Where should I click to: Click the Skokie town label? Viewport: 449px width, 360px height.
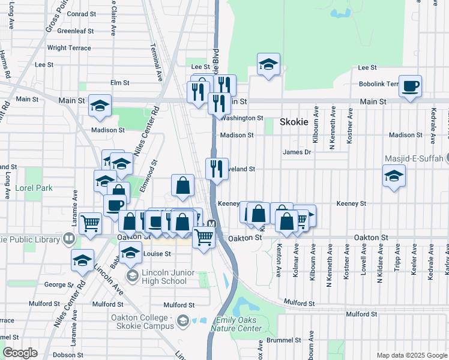pyautogui.click(x=294, y=122)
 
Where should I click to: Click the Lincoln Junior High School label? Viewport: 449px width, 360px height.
pyautogui.click(x=164, y=277)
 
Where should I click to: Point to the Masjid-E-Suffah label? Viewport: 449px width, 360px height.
pyautogui.click(x=414, y=159)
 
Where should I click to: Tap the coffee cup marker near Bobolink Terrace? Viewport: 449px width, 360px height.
pyautogui.click(x=411, y=86)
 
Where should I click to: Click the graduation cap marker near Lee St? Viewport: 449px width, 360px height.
pyautogui.click(x=268, y=64)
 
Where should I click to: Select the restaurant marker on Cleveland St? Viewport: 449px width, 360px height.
pyautogui.click(x=217, y=169)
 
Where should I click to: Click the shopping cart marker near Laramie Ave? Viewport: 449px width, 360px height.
pyautogui.click(x=90, y=223)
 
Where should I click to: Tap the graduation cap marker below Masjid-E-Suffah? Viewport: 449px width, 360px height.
pyautogui.click(x=394, y=176)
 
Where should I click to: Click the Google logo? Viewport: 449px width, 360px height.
pyautogui.click(x=20, y=353)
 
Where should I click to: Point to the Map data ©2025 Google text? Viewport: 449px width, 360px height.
pyautogui.click(x=411, y=355)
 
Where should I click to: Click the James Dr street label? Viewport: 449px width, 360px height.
pyautogui.click(x=297, y=152)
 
